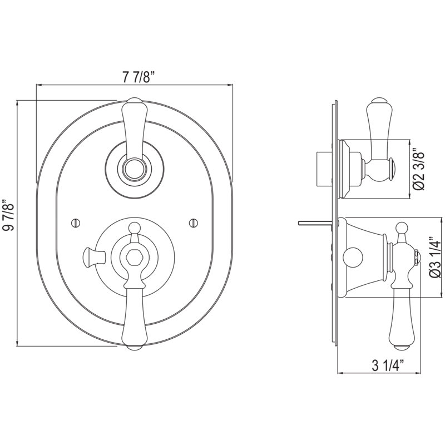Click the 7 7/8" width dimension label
click(x=139, y=77)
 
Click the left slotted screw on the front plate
click(x=75, y=223)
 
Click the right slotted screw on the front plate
click(x=193, y=223)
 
